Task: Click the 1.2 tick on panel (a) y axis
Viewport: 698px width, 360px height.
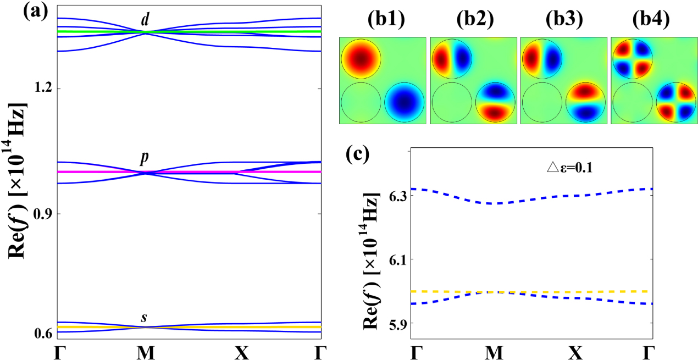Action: tap(45, 88)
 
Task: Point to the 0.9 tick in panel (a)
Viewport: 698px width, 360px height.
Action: tap(45, 213)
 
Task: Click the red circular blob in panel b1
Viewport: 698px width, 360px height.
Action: tap(361, 58)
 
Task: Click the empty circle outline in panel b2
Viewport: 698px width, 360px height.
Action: tap(452, 102)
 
